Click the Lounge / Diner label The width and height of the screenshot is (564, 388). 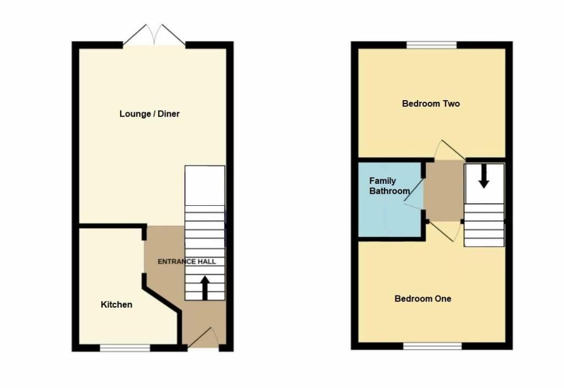pyautogui.click(x=149, y=114)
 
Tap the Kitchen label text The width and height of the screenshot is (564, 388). pyautogui.click(x=116, y=304)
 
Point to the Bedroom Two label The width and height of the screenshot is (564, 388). pyautogui.click(x=431, y=103)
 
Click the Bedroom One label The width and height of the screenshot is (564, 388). pyautogui.click(x=423, y=298)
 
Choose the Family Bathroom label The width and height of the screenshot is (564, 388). pyautogui.click(x=389, y=186)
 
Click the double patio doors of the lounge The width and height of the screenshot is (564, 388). pyautogui.click(x=154, y=35)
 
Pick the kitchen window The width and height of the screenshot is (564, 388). pyautogui.click(x=125, y=348)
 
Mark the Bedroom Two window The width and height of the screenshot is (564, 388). pyautogui.click(x=432, y=45)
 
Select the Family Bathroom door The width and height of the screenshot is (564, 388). pyautogui.click(x=414, y=197)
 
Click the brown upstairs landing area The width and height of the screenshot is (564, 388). pyautogui.click(x=444, y=190)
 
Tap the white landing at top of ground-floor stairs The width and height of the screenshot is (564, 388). pyautogui.click(x=204, y=185)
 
